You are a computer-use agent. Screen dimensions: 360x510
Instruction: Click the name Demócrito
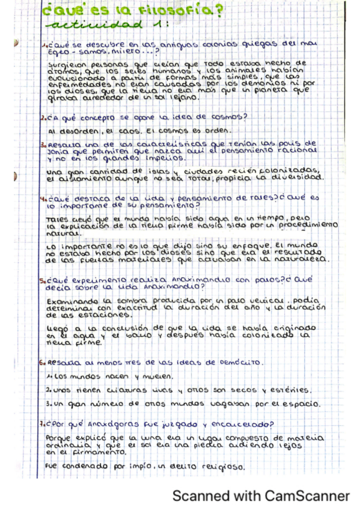click(x=237, y=363)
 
